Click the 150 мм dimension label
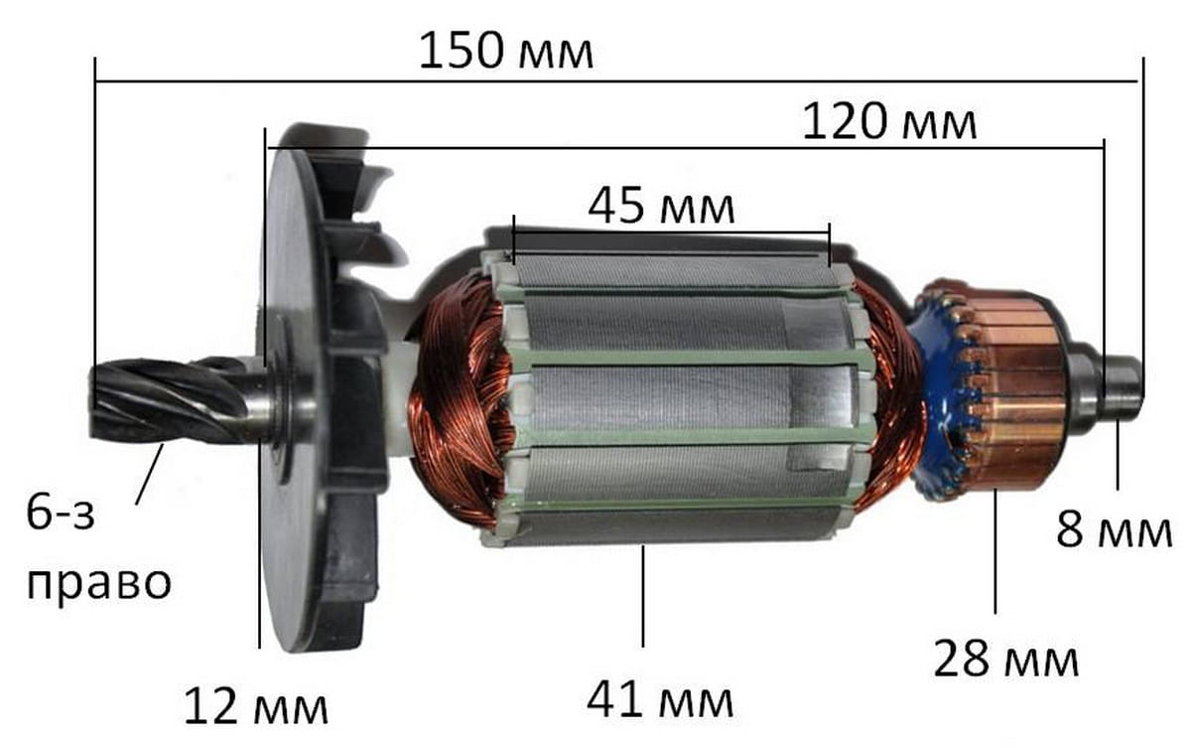click(505, 52)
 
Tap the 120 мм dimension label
click(889, 122)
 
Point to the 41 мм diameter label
click(660, 699)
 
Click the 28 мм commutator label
click(1006, 659)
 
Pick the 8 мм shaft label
click(1114, 529)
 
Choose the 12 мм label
click(256, 706)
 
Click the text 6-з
click(61, 513)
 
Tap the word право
click(99, 584)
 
